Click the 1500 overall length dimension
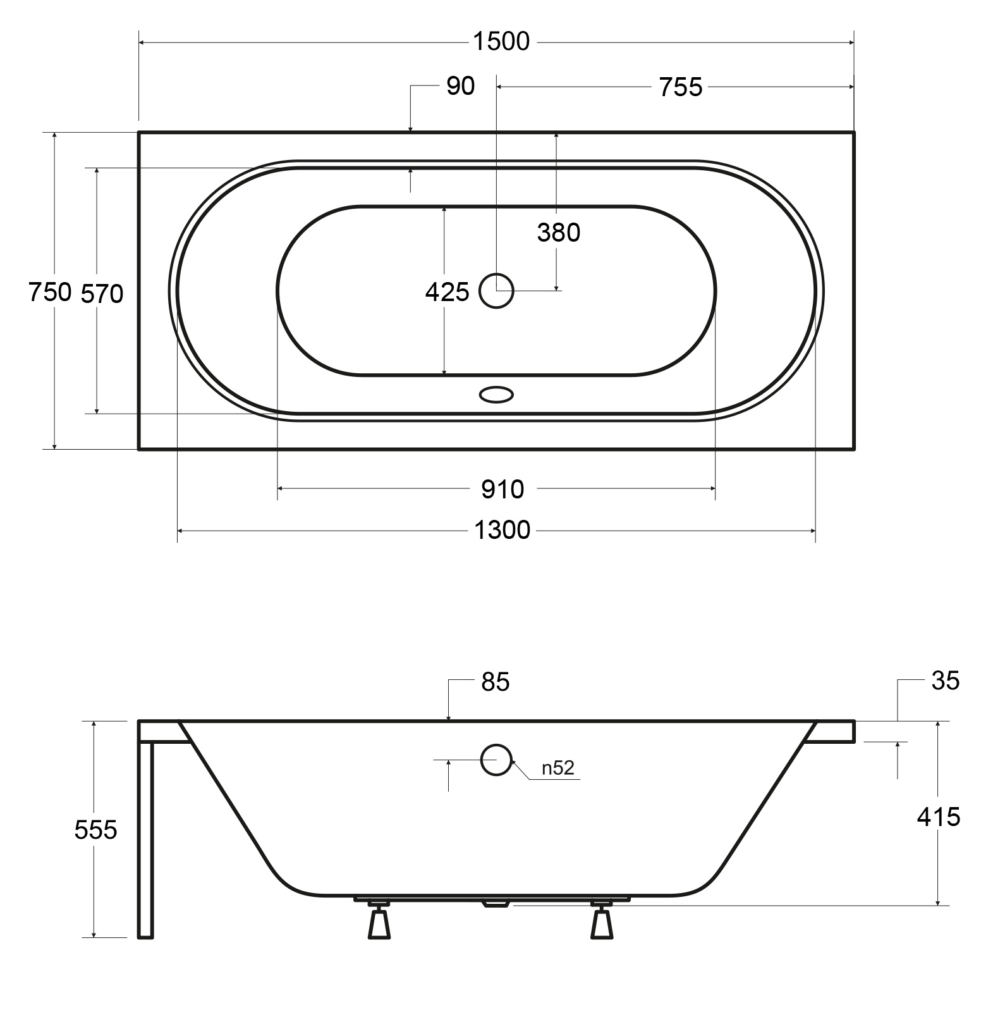point(501,42)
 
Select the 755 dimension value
point(681,87)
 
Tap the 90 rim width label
point(460,86)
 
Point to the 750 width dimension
point(49,292)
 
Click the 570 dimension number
point(102,293)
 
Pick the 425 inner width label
point(447,292)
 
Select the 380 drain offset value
point(559,233)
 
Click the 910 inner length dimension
point(503,489)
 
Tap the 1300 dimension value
point(503,530)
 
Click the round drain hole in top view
point(496,291)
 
